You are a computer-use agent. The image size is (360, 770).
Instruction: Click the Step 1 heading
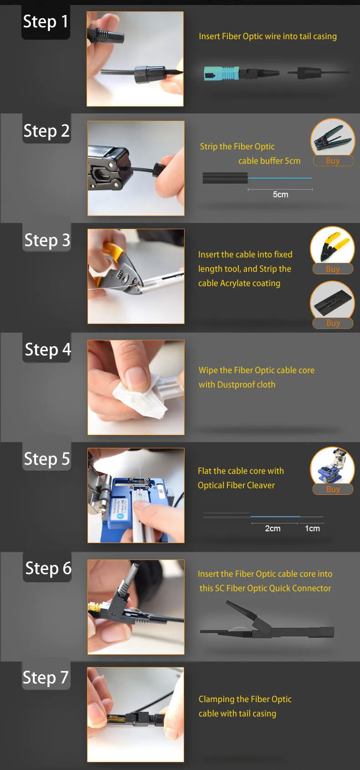(x=46, y=22)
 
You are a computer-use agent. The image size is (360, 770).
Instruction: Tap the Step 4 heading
(x=48, y=349)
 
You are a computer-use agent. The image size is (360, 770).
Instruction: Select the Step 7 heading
(x=46, y=678)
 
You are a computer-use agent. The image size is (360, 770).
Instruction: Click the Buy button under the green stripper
(x=333, y=160)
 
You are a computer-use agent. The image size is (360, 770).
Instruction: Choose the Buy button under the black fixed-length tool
(x=333, y=323)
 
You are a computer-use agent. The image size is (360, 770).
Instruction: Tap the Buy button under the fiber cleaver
(x=333, y=489)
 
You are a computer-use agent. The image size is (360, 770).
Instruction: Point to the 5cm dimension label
(x=281, y=195)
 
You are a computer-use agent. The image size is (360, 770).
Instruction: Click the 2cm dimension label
(x=273, y=529)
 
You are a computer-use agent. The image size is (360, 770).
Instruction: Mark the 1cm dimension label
(x=312, y=529)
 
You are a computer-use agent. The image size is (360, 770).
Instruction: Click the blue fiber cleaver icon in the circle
(x=332, y=465)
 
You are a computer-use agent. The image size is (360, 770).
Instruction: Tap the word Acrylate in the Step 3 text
(x=235, y=283)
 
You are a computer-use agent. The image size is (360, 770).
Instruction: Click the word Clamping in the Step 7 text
(x=216, y=699)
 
